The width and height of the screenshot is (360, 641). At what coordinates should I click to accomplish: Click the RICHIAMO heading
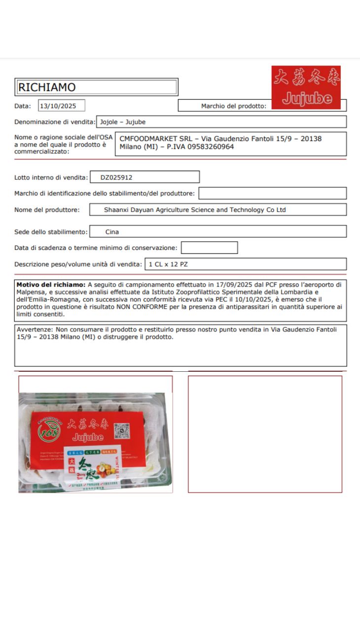[47, 87]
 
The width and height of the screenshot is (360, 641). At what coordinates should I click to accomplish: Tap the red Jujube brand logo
[306, 88]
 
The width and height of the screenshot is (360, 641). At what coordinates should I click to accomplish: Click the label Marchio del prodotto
[233, 106]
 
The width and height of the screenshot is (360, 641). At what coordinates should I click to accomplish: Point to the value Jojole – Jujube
[123, 122]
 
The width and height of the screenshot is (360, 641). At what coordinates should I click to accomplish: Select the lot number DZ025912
[116, 177]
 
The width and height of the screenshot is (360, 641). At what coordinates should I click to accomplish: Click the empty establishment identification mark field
[272, 193]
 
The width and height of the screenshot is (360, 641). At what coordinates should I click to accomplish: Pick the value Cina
[112, 232]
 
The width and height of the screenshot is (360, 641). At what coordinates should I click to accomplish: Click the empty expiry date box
[209, 248]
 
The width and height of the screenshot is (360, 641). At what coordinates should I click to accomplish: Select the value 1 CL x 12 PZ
[168, 264]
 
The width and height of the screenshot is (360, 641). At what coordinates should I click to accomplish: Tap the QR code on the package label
[122, 430]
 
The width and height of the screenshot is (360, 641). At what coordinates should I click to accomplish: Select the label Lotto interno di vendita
[51, 178]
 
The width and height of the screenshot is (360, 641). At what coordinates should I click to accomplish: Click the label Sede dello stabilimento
[51, 232]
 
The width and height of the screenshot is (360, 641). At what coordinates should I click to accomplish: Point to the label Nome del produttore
[47, 210]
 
